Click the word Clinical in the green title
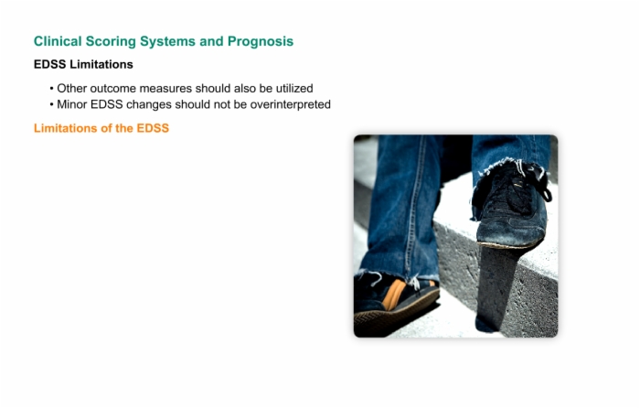click(x=58, y=41)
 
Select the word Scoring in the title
click(x=111, y=42)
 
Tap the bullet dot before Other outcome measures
click(x=51, y=89)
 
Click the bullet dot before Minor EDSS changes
click(x=51, y=104)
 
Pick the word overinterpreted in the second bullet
click(x=290, y=104)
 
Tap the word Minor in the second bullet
click(x=72, y=104)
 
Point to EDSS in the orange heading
click(x=153, y=128)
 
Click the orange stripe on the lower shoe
click(x=393, y=295)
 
